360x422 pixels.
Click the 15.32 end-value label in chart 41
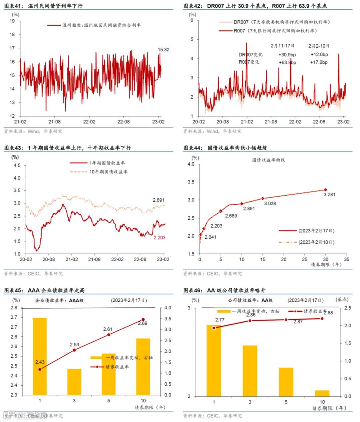[163, 50]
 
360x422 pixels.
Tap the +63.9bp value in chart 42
[287, 62]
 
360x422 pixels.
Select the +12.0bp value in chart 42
[319, 54]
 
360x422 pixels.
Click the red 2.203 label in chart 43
[159, 238]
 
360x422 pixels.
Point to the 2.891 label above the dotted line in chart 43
[159, 200]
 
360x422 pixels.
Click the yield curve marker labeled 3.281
[326, 190]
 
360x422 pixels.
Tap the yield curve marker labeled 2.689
[221, 211]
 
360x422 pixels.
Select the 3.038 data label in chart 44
[270, 203]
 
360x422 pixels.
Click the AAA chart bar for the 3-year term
[74, 382]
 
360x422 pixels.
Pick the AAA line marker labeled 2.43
[40, 369]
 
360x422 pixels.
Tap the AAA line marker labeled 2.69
[143, 320]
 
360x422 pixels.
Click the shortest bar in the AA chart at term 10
[322, 393]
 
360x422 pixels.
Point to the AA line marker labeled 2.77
[214, 328]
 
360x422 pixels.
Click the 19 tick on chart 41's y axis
[12, 21]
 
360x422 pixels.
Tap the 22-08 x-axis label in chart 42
[319, 122]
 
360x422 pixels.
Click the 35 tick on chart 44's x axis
[347, 259]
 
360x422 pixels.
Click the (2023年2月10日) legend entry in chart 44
[316, 242]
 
